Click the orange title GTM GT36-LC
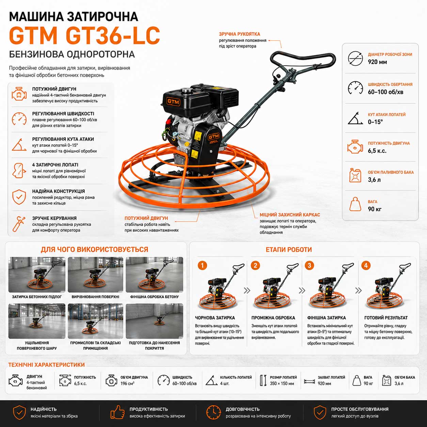[84, 36]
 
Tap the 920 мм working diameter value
[377, 62]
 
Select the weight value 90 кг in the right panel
[375, 209]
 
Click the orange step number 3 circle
[310, 265]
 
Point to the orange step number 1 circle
[202, 265]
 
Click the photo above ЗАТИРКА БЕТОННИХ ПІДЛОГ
[37, 274]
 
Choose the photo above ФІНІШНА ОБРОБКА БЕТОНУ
[155, 274]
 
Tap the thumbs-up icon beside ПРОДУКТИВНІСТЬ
[117, 412]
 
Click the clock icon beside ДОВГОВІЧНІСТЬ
[213, 412]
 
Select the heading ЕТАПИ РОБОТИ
[289, 250]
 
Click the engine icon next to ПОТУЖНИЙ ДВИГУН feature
[19, 94]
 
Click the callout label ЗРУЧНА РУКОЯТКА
[239, 34]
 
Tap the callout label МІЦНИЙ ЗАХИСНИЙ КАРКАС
[290, 215]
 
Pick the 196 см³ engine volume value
[127, 383]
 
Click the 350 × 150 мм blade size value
[282, 383]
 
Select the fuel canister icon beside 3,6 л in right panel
[355, 175]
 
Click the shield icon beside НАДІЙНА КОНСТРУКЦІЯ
[19, 197]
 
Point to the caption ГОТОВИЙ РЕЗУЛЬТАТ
[386, 318]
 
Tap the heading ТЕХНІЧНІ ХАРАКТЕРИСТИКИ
[47, 365]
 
